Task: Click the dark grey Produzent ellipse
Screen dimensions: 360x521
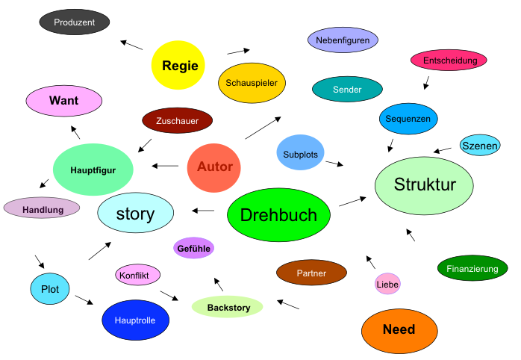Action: click(75, 22)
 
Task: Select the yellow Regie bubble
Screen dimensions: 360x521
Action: click(179, 66)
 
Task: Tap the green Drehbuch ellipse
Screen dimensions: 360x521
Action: click(278, 215)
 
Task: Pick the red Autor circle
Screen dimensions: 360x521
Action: click(214, 167)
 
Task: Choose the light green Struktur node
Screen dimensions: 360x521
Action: click(425, 185)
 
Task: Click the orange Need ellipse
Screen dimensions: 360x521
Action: click(399, 330)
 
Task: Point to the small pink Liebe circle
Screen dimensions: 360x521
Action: click(387, 284)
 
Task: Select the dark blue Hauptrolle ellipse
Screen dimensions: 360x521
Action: click(135, 320)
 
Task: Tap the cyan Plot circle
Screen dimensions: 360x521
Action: click(50, 288)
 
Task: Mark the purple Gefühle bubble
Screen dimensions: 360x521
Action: click(194, 248)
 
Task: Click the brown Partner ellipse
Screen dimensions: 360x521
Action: click(311, 273)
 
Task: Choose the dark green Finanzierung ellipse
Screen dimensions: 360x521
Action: click(472, 269)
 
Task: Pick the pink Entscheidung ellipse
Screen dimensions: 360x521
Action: click(449, 60)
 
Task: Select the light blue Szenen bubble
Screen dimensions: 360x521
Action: click(480, 146)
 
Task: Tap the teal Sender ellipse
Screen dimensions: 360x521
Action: click(347, 90)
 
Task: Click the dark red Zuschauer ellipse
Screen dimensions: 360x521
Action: click(177, 120)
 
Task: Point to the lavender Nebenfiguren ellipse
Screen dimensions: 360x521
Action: click(343, 40)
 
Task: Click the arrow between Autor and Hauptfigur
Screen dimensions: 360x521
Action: click(165, 166)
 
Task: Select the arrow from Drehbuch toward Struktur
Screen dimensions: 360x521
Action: click(353, 201)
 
